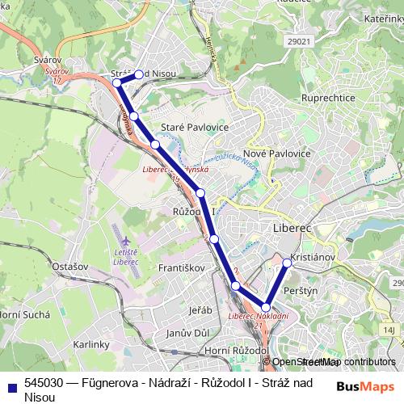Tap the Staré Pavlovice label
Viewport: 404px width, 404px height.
tap(195, 128)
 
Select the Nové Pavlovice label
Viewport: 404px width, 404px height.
tap(276, 153)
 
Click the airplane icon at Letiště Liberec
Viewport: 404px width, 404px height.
tap(125, 242)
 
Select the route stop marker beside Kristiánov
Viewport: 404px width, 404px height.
tap(288, 263)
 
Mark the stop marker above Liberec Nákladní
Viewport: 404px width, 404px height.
tap(266, 307)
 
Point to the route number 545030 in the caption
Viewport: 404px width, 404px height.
tap(48, 384)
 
